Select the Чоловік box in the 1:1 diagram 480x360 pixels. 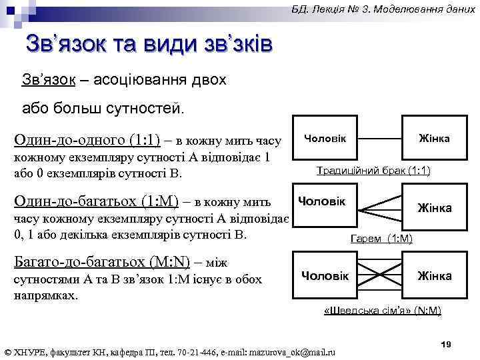pyautogui.click(x=325, y=138)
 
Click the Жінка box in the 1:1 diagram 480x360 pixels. pyautogui.click(x=434, y=138)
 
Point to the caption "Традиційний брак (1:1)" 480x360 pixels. pyautogui.click(x=373, y=171)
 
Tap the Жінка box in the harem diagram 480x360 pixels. pyautogui.click(x=434, y=208)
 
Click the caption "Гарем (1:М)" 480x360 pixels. pyautogui.click(x=382, y=238)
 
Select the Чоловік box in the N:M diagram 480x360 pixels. pyautogui.click(x=325, y=275)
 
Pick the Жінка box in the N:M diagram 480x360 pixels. pyautogui.click(x=434, y=275)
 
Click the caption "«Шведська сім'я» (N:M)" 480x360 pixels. pyautogui.click(x=382, y=311)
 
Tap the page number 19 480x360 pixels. pyautogui.click(x=447, y=343)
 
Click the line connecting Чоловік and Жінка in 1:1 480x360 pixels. pyautogui.click(x=379, y=138)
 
